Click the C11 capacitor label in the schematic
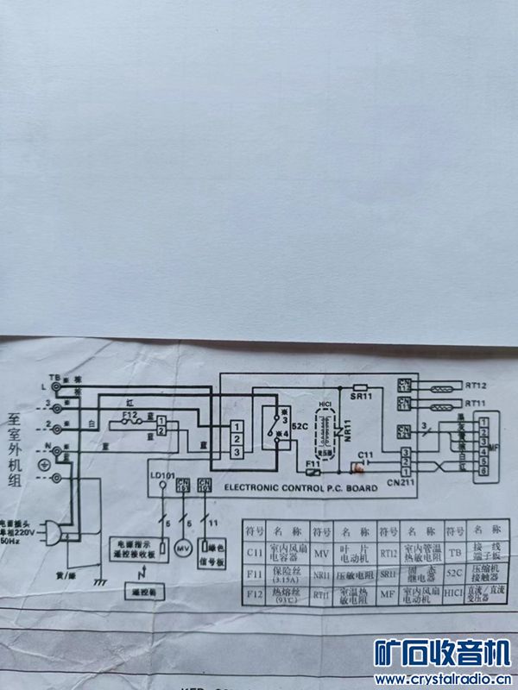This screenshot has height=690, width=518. coord(365,455)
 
